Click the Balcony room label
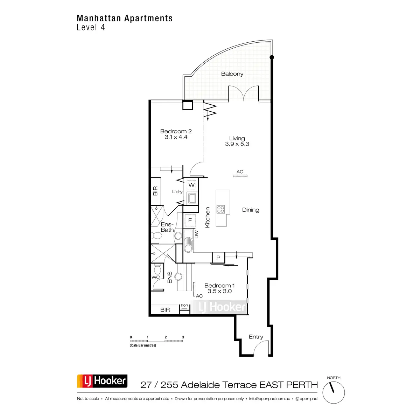click(x=232, y=74)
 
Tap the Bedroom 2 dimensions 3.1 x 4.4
click(x=176, y=137)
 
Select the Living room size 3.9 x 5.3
click(x=237, y=144)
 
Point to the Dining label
click(x=251, y=210)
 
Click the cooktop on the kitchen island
click(x=220, y=209)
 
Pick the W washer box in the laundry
click(x=191, y=185)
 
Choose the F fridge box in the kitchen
click(x=190, y=220)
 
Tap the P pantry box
click(x=218, y=258)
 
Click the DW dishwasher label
click(x=196, y=234)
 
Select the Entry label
click(x=256, y=337)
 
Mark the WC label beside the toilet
click(x=155, y=277)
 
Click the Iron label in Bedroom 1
click(x=184, y=306)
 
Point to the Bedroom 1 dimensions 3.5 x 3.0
click(x=219, y=291)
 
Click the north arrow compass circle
click(x=334, y=393)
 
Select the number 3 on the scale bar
click(x=183, y=337)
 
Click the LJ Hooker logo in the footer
click(x=102, y=381)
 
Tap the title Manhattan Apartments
click(x=125, y=18)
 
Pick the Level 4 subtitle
click(x=91, y=27)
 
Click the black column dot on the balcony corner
click(x=272, y=57)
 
